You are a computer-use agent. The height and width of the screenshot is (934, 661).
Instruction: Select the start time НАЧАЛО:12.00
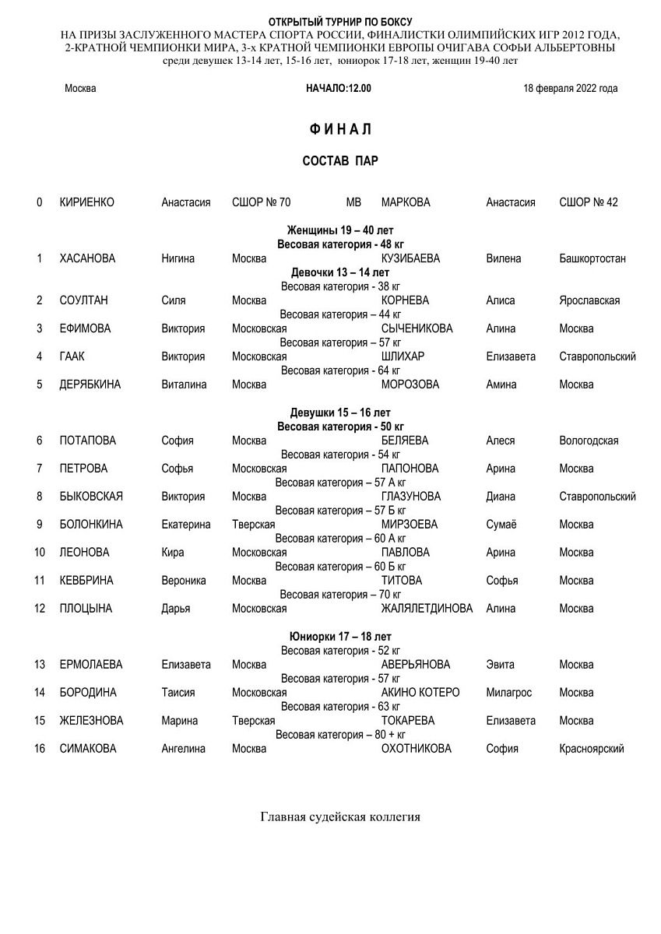click(x=339, y=89)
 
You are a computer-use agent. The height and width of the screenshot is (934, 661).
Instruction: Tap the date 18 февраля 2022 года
click(x=571, y=89)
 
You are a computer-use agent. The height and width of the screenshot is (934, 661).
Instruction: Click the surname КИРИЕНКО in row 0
click(x=86, y=202)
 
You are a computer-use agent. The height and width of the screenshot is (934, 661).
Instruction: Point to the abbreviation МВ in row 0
click(x=353, y=202)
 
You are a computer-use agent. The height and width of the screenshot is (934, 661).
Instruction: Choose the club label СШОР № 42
click(x=589, y=202)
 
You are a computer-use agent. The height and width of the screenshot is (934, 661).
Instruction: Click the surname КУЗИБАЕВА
click(x=410, y=258)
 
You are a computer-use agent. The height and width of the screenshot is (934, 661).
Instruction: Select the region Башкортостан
click(x=592, y=258)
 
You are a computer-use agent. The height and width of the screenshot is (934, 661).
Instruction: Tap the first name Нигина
click(x=178, y=258)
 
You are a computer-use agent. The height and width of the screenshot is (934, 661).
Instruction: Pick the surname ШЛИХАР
click(x=403, y=356)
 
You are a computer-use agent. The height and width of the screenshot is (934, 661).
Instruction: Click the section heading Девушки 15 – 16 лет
click(x=340, y=413)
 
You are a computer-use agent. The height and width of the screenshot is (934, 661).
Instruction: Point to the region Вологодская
click(x=589, y=441)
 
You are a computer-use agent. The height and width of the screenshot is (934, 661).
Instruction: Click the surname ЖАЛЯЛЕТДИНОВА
click(x=427, y=609)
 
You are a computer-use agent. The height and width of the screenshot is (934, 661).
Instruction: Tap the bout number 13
click(x=40, y=665)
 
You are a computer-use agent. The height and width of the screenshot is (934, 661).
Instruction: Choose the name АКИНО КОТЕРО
click(x=420, y=693)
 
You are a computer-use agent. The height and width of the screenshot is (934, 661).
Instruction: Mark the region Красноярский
click(x=591, y=749)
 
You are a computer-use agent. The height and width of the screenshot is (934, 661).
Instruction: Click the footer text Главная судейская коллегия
click(x=340, y=817)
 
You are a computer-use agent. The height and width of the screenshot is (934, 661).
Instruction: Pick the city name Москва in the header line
click(x=80, y=89)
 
